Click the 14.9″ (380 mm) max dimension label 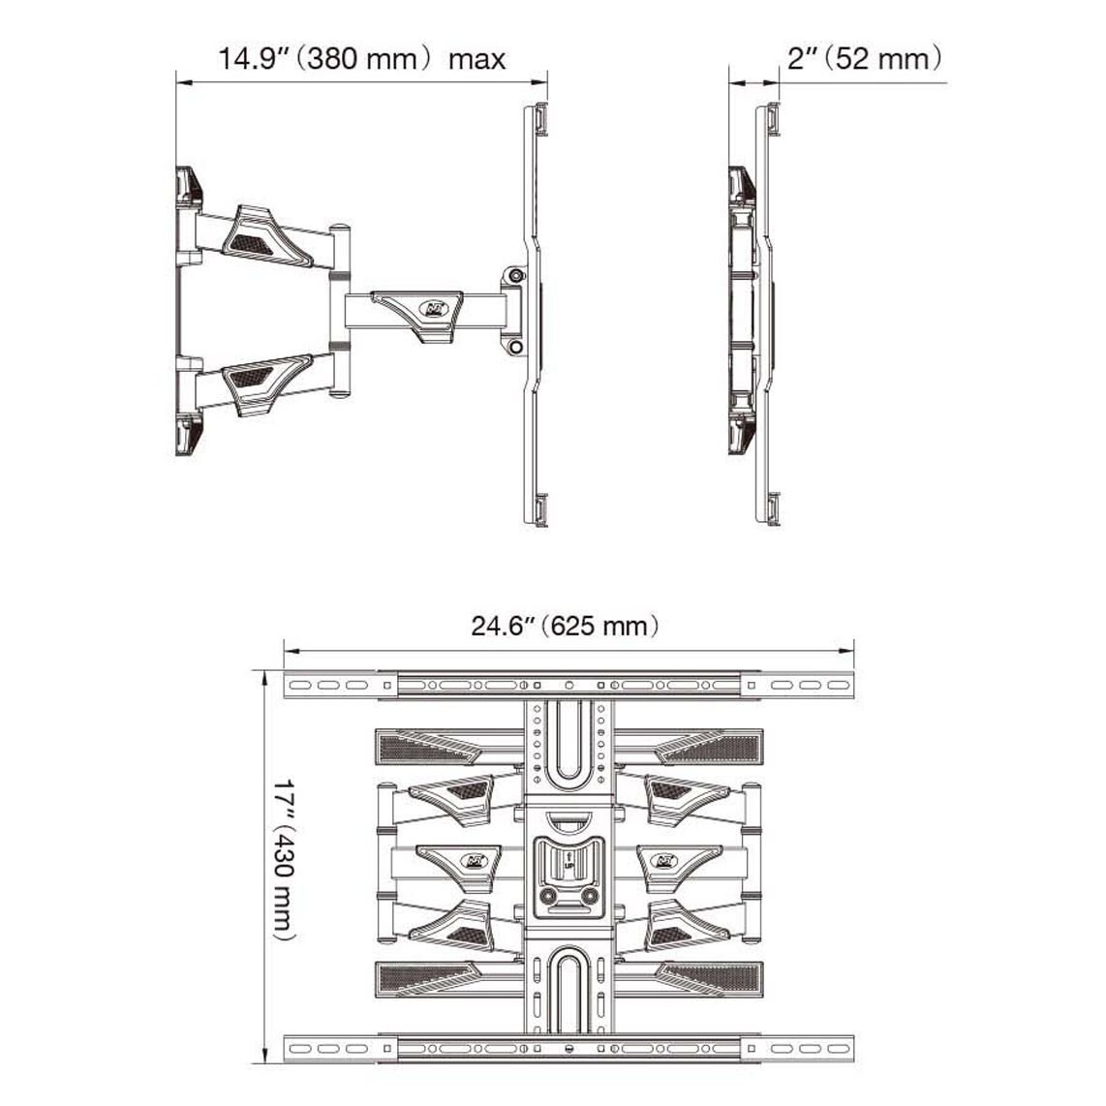click(361, 58)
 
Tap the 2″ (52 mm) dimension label click(865, 58)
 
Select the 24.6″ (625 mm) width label click(565, 625)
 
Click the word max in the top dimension click(476, 59)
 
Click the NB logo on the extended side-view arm click(430, 308)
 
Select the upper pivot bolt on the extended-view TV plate click(516, 275)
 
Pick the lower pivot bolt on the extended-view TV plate click(515, 347)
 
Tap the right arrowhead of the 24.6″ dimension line click(845, 651)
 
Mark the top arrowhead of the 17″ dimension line click(266, 680)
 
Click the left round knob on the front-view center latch click(548, 896)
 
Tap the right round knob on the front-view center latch click(589, 896)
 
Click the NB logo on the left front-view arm click(472, 861)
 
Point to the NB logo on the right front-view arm click(666, 861)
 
